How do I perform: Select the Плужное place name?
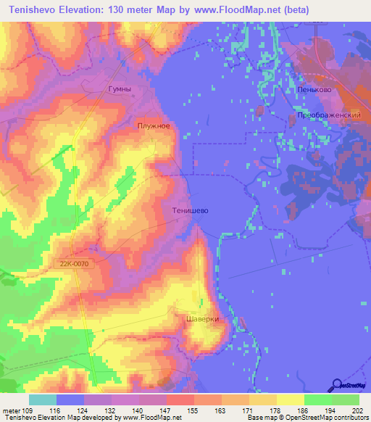[154, 125]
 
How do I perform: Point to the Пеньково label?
[314, 90]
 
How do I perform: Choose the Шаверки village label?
[202, 318]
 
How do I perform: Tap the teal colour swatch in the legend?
[43, 400]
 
